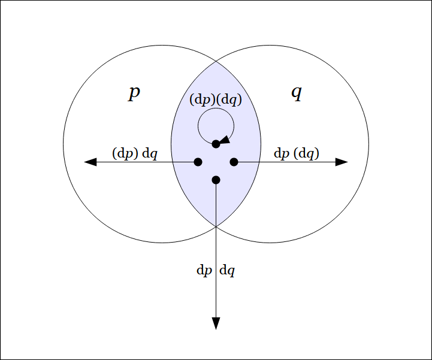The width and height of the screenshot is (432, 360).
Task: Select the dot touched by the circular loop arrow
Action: [x=216, y=144]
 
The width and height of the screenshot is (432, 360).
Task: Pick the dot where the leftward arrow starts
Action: [x=198, y=162]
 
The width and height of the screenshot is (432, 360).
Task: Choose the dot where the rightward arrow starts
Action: [x=234, y=162]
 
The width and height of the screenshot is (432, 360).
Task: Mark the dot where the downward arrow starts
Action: [x=216, y=180]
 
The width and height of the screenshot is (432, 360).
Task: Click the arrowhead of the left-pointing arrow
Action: [x=90, y=162]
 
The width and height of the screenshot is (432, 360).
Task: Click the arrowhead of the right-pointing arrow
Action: [x=342, y=162]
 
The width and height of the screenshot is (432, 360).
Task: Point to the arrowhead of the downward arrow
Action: [x=216, y=323]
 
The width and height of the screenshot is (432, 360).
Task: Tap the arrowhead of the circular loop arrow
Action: [x=224, y=140]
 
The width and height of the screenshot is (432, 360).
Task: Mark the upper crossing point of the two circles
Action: [x=216, y=61]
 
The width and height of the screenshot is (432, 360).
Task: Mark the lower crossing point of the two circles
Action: [x=216, y=226]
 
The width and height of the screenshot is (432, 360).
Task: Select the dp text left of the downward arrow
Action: [x=204, y=270]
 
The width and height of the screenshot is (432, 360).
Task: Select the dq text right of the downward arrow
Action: [x=227, y=270]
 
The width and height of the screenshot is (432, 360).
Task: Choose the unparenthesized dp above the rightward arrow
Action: [x=282, y=153]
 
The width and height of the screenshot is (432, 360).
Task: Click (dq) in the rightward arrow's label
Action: [x=307, y=153]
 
